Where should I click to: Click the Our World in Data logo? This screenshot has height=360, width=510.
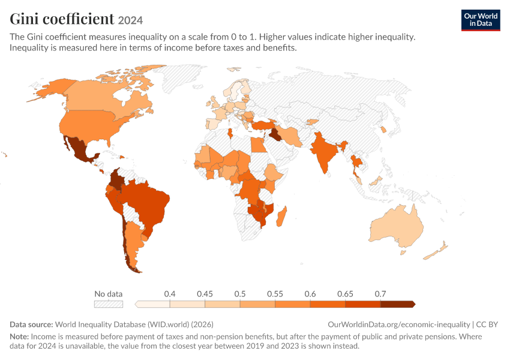pos(481,20)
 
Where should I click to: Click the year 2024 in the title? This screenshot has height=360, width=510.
pos(130,20)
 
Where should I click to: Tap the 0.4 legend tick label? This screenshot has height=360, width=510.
pos(169,294)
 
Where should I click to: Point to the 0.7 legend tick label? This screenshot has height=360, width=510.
pos(380,294)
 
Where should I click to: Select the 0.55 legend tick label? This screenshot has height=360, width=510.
pos(275,294)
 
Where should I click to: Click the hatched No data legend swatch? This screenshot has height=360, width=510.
pos(109,304)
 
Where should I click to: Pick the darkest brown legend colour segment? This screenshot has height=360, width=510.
pos(398,304)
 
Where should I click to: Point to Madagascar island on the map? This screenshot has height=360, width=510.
pos(281,216)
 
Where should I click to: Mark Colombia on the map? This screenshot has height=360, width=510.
pos(115,180)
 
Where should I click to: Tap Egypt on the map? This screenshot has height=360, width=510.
pos(258,145)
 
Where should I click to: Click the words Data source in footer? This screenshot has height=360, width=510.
pos(31,324)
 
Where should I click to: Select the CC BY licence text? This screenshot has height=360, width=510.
pos(487,324)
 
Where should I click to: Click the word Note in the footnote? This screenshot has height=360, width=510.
pos(19,336)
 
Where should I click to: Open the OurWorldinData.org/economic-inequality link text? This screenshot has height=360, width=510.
pos(399,324)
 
